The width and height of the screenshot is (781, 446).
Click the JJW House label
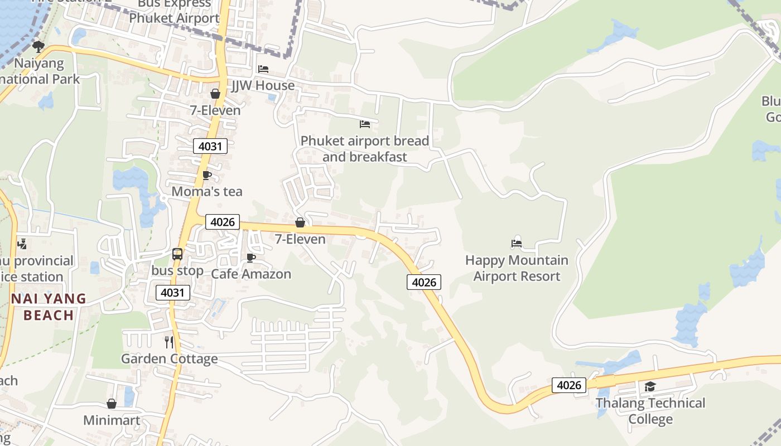[263, 85]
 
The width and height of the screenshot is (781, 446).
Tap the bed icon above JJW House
[263, 69]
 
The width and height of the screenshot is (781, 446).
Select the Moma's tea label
[207, 192]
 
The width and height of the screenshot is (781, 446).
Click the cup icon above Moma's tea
[207, 175]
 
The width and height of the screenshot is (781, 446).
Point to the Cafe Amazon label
[251, 274]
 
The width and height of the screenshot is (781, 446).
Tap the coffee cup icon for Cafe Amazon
[251, 258]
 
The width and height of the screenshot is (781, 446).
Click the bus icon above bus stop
[177, 254]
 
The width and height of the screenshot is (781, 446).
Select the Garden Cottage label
[170, 358]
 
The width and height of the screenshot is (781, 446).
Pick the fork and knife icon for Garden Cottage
[169, 342]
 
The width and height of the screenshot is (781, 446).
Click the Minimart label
[112, 420]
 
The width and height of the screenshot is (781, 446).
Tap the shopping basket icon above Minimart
[112, 404]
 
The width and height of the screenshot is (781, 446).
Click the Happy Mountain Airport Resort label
[517, 268]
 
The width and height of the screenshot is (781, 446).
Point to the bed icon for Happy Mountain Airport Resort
[517, 243]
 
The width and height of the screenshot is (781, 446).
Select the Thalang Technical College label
[650, 411]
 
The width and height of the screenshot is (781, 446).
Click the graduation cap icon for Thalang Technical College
[650, 386]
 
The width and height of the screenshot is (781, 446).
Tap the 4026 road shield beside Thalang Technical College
[569, 385]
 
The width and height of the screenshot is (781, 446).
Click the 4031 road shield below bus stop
[173, 293]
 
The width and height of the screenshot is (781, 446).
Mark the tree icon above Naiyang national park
[38, 46]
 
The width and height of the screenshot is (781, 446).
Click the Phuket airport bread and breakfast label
[365, 149]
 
